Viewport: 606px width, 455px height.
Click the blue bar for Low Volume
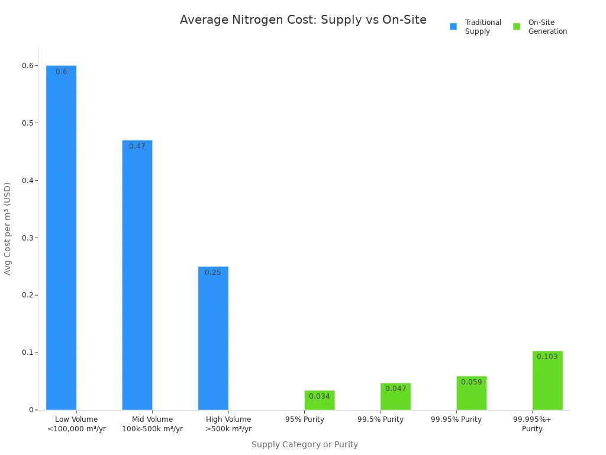61,237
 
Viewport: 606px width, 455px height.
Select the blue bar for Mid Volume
137,275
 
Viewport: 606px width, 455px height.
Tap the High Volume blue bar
213,338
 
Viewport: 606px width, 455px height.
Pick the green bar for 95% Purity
320,400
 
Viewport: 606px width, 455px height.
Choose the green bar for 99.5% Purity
395,397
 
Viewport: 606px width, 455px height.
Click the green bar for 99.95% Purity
472,393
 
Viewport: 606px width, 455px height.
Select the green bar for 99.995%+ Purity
547,380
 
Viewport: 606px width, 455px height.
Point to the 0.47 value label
137,146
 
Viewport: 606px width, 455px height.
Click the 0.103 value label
547,357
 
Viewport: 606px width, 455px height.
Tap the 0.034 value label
320,396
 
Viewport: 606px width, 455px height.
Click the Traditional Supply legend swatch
453,27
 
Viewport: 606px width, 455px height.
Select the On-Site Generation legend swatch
517,27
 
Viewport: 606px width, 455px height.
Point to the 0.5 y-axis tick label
27,123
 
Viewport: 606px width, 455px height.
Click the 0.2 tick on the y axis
27,295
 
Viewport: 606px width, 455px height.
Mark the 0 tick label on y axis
31,410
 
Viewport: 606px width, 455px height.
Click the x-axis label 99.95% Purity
456,419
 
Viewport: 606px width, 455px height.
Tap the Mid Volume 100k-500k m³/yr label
152,424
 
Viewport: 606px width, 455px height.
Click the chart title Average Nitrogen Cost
303,20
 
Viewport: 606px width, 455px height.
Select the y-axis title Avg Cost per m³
8,228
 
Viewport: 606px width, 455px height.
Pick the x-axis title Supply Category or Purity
305,444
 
